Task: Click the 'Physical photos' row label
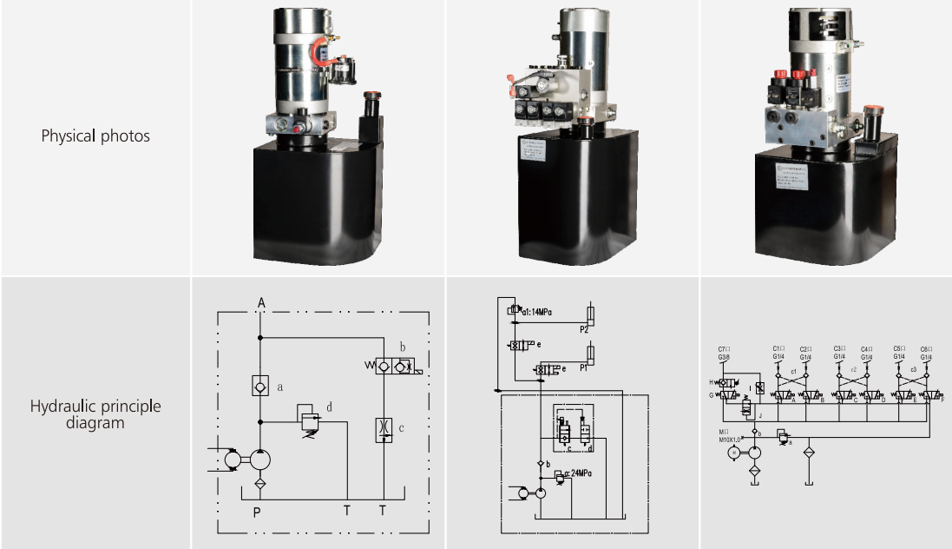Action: coord(95,136)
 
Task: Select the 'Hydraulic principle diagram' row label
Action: coord(95,414)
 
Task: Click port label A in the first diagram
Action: coord(260,302)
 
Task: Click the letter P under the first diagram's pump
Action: coord(257,512)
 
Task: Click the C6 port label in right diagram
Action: coord(926,348)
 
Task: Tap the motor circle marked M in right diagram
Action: coord(734,453)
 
